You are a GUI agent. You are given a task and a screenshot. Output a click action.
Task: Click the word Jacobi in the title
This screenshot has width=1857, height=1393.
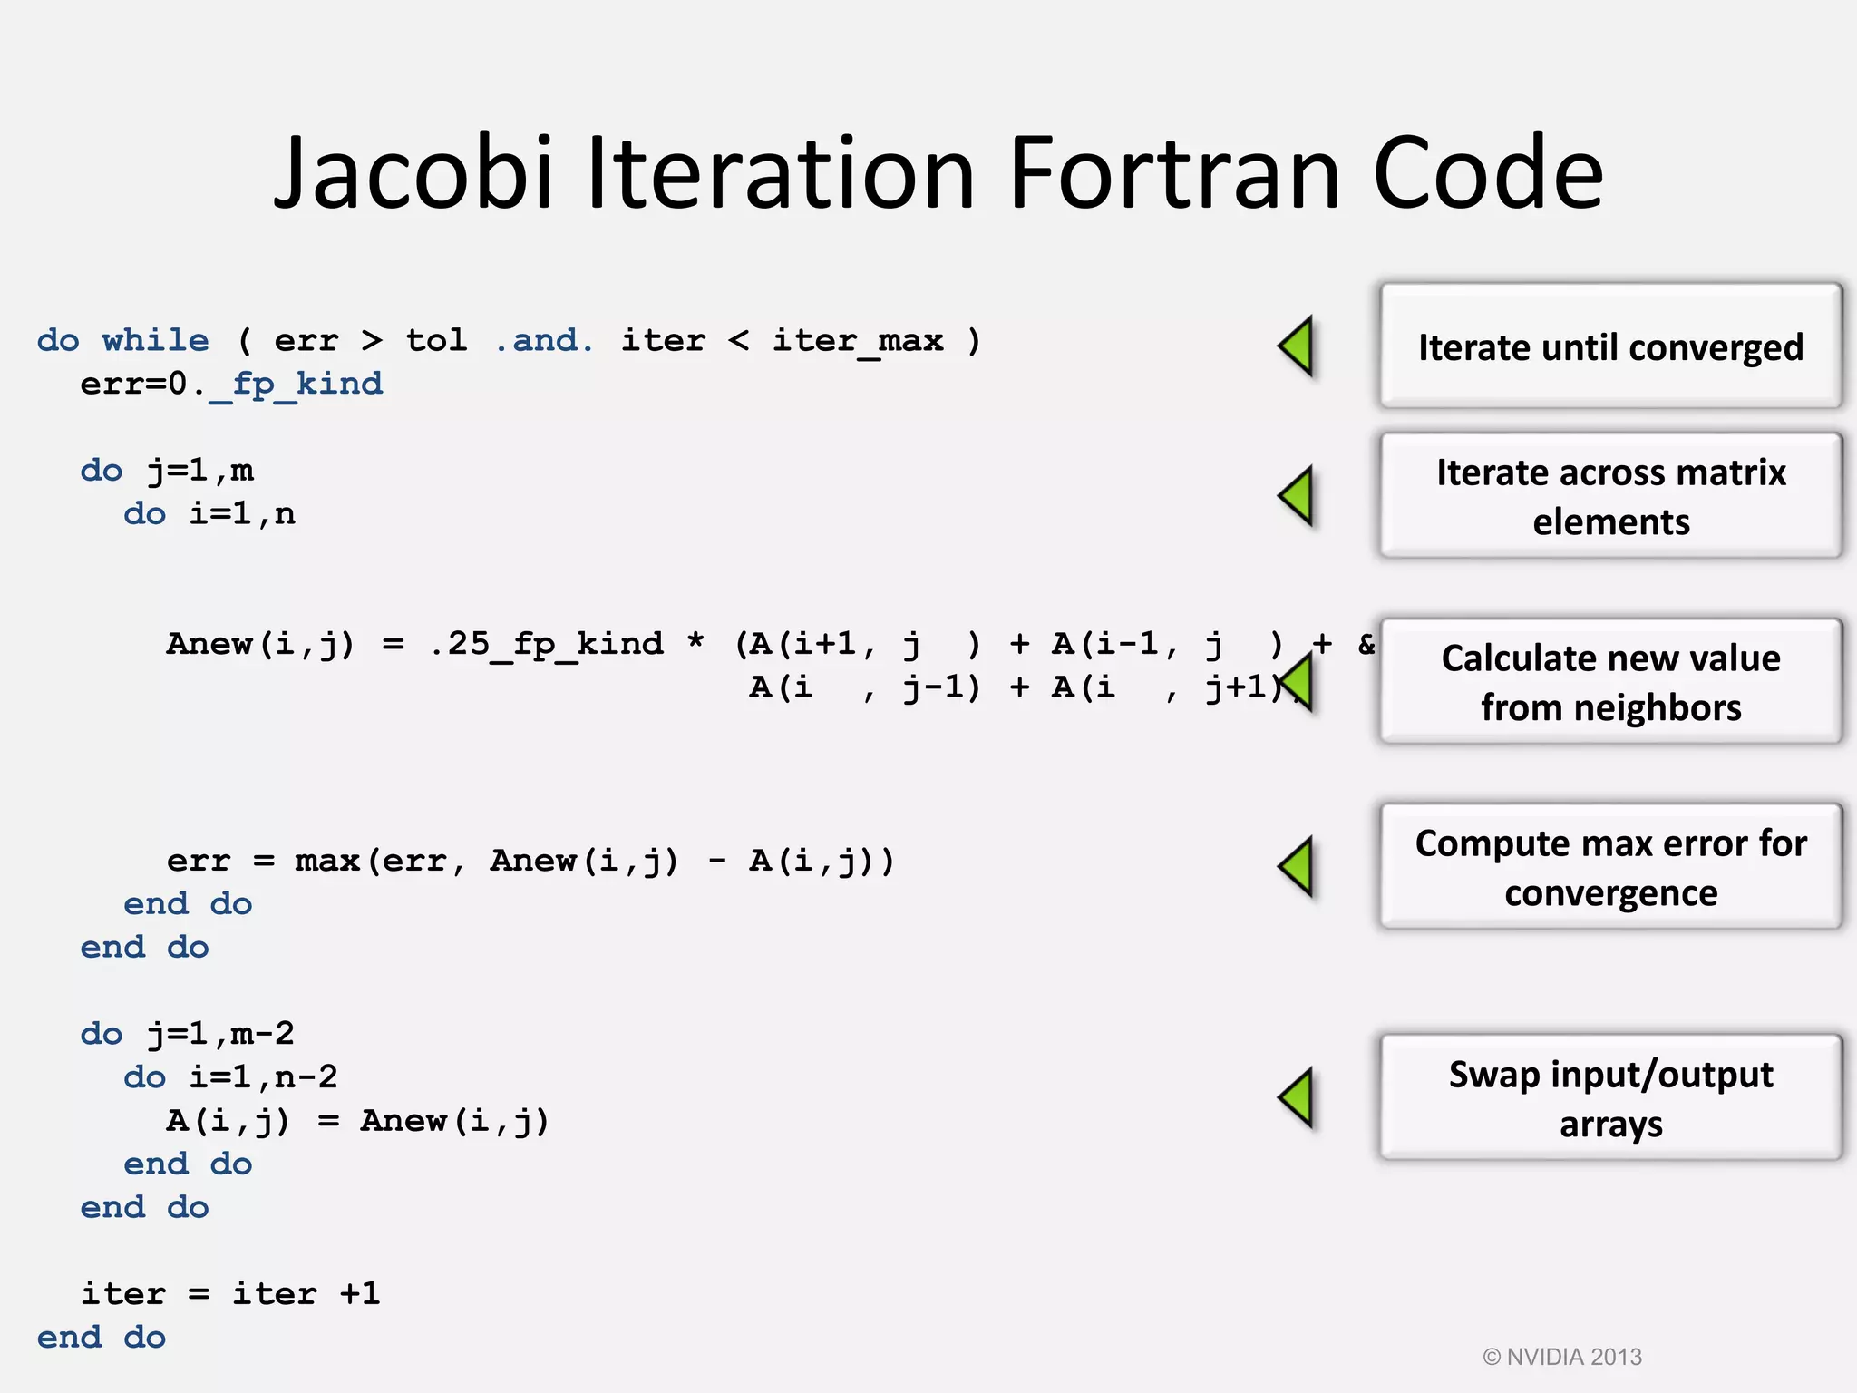(x=413, y=172)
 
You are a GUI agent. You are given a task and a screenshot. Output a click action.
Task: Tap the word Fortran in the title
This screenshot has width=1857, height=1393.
(x=1173, y=172)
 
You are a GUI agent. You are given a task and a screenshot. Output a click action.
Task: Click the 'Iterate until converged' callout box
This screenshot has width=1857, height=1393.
(x=1610, y=346)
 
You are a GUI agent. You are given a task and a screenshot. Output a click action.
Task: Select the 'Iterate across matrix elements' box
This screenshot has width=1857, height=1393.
(x=1610, y=496)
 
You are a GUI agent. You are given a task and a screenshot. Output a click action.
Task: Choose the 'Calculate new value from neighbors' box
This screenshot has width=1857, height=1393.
(x=1610, y=682)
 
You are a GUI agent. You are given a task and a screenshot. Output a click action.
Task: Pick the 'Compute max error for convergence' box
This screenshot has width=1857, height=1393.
(x=1610, y=867)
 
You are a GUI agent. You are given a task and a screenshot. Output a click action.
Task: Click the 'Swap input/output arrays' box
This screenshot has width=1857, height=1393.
(x=1610, y=1097)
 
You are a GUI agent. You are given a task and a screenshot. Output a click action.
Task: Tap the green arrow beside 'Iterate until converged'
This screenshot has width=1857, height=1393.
(x=1297, y=346)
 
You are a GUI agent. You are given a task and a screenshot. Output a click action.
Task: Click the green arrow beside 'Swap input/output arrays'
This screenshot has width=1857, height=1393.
(x=1297, y=1097)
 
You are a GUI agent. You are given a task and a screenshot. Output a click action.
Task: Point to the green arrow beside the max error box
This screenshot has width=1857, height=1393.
(x=1297, y=866)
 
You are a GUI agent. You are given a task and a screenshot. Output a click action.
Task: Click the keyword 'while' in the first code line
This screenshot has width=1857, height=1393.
(x=155, y=341)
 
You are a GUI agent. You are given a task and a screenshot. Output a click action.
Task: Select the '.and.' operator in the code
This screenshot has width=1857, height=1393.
(x=544, y=341)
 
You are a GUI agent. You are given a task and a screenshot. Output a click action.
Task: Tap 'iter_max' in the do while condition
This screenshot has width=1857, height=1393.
(x=857, y=341)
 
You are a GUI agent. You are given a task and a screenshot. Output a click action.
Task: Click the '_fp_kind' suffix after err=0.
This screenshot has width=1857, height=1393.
(x=296, y=385)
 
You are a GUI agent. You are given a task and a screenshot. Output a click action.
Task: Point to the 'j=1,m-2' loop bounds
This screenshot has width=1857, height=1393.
(x=220, y=1034)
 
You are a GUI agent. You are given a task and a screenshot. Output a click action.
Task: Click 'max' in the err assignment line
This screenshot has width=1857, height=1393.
(x=326, y=861)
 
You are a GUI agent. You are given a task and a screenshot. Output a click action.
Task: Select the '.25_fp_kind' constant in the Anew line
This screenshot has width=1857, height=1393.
(x=546, y=645)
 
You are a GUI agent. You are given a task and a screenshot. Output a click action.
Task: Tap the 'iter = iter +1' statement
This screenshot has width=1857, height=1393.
(x=230, y=1294)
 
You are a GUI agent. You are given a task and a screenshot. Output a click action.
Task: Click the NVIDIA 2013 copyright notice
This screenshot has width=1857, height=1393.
(x=1562, y=1357)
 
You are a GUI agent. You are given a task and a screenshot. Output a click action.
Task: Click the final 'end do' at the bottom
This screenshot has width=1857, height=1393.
(x=101, y=1338)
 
